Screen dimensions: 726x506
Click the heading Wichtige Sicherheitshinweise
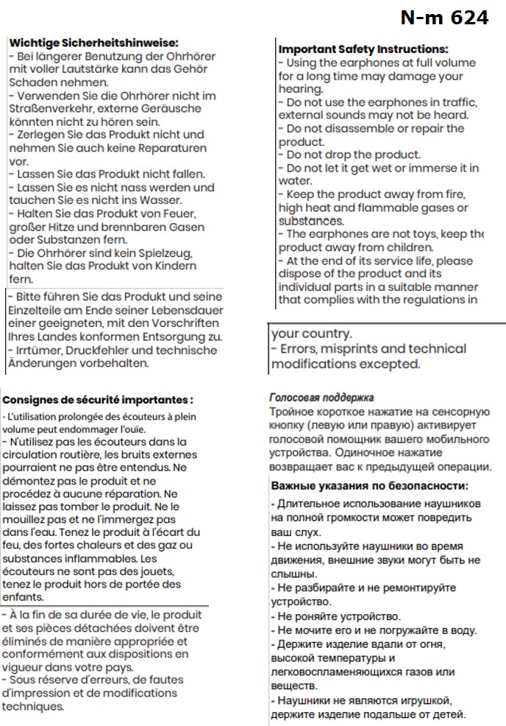point(93,43)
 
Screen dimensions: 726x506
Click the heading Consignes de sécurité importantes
point(98,400)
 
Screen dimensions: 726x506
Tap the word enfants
point(23,597)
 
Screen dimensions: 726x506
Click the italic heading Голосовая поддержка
point(322,398)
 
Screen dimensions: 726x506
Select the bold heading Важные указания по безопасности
point(369,486)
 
